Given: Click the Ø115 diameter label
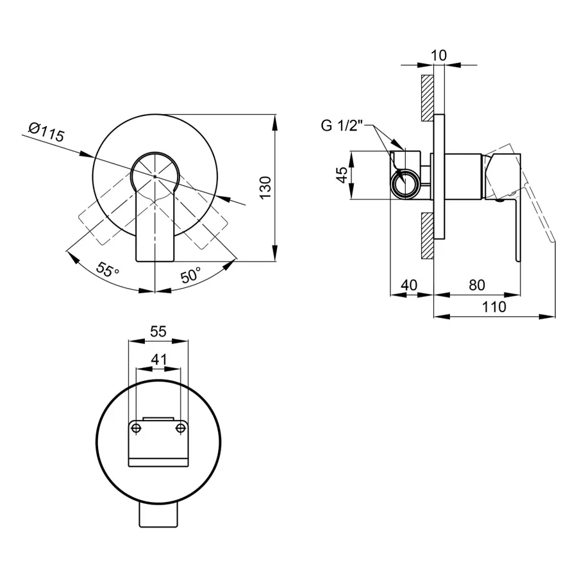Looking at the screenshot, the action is point(47,132).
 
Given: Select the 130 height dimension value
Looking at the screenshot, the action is point(265,188).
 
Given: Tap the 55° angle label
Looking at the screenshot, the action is point(107,270).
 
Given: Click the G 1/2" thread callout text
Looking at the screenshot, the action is point(342,126).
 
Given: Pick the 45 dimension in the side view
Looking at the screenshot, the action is point(342,175).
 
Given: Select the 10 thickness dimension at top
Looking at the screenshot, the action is point(439,55).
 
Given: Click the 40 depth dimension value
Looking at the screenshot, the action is point(409,285).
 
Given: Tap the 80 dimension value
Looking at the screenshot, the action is point(477,285).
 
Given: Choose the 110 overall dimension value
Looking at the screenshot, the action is point(494,306).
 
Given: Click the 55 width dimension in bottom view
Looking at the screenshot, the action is point(158,331).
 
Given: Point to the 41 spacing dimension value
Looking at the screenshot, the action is point(158,359).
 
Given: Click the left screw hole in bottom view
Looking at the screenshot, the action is point(136,428).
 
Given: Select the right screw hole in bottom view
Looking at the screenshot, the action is point(180,428).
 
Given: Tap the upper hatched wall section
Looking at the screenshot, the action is point(427,98).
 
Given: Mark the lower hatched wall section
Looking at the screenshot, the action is point(427,235).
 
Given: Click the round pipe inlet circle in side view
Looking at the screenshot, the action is point(405,183).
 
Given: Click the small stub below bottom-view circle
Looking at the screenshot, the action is point(158,515).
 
